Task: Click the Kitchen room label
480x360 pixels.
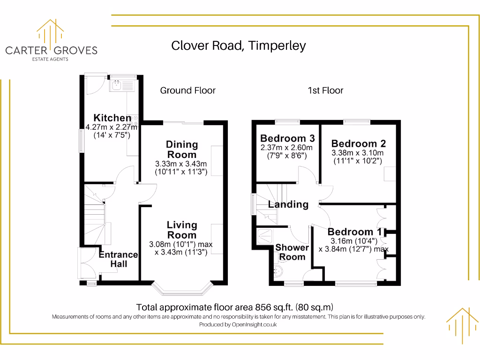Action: [x=112, y=118]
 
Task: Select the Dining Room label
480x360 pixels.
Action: [x=182, y=150]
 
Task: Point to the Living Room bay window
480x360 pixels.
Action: [x=182, y=289]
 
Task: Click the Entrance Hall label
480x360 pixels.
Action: [x=119, y=259]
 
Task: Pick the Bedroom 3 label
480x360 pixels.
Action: [x=287, y=138]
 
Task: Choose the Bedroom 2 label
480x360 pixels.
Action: [x=359, y=143]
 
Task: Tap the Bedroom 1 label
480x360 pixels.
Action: [x=354, y=232]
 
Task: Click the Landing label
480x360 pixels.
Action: [x=288, y=204]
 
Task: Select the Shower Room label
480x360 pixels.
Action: [x=292, y=252]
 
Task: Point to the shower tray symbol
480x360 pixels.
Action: [x=265, y=236]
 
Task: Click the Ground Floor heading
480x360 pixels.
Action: [x=187, y=90]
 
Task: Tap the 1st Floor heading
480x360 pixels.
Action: [x=325, y=90]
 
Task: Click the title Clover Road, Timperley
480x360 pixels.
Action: [x=239, y=46]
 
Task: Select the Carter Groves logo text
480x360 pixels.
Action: [x=52, y=51]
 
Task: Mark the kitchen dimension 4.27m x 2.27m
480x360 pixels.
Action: [x=112, y=127]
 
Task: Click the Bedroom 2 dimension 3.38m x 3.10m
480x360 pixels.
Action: [x=358, y=153]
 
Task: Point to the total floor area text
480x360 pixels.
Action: [x=235, y=307]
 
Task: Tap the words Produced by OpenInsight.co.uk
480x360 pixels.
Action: [x=238, y=324]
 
